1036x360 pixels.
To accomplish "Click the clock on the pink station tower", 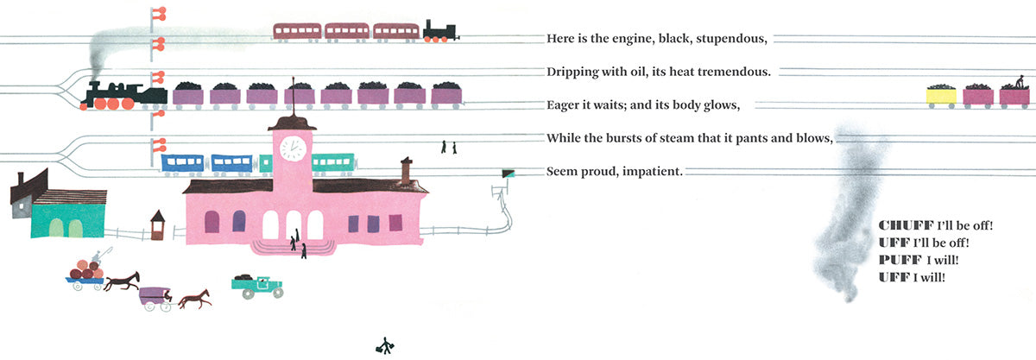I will [292, 148].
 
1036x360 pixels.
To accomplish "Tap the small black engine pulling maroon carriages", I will [439, 31].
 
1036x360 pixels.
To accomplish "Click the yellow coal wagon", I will [941, 95].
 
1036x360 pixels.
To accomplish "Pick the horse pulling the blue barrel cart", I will [123, 281].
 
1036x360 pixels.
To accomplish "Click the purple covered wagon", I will [156, 297].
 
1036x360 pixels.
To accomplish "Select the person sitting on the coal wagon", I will [1020, 83].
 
